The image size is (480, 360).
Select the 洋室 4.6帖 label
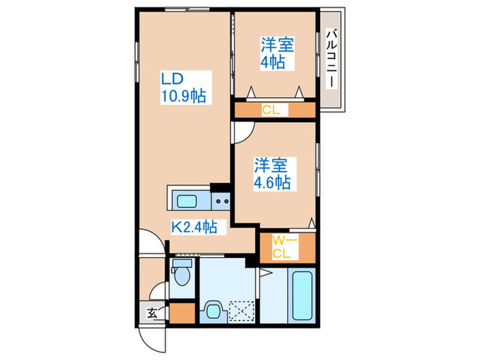pos(272,173)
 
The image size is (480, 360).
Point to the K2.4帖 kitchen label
pos(194,226)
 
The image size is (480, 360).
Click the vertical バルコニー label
pos(331,58)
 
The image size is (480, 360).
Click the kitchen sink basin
pos(187,201)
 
